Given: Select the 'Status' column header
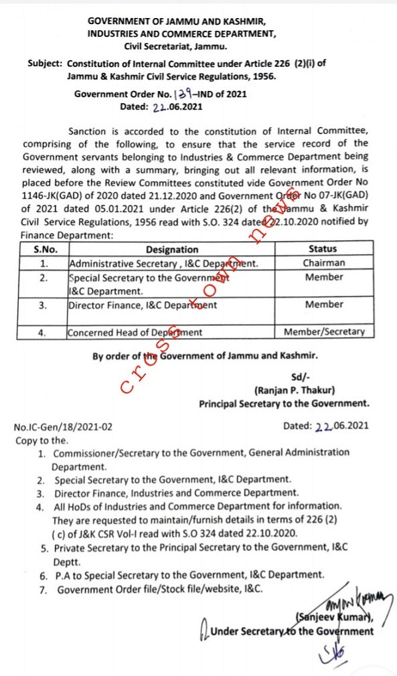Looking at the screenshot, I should [x=323, y=249].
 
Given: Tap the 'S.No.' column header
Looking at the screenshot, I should [x=45, y=249].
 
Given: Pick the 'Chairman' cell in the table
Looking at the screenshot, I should [x=323, y=263].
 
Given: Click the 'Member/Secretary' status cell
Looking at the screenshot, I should [x=324, y=331].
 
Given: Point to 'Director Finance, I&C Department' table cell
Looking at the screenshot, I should [x=142, y=305].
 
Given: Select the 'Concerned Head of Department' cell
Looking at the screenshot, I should [x=135, y=332].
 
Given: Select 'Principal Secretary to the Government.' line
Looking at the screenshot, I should [x=284, y=404].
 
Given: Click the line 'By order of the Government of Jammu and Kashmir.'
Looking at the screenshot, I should [x=205, y=357].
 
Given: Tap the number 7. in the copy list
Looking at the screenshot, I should [x=42, y=590].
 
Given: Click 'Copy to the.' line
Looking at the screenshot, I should [x=42, y=440].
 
